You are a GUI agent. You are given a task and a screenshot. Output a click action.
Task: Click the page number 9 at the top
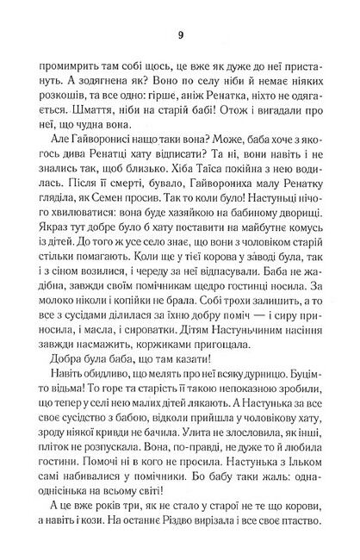point(179,35)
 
